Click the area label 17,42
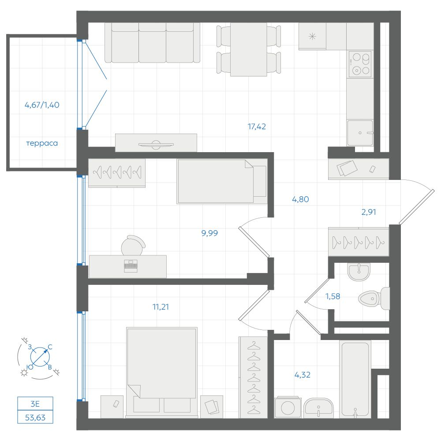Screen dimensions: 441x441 (x=257, y=127)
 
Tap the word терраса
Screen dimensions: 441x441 (x=42, y=143)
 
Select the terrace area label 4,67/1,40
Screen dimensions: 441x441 (x=42, y=105)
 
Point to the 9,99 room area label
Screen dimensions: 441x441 (x=209, y=233)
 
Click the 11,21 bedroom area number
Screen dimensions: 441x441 (x=161, y=306)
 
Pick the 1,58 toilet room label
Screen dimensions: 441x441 (x=333, y=296)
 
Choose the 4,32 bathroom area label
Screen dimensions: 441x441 (x=303, y=374)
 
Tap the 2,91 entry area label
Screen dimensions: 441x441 (x=369, y=212)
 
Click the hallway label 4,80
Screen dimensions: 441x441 (x=300, y=199)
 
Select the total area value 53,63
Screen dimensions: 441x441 (x=35, y=418)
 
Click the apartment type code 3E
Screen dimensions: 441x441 (x=35, y=404)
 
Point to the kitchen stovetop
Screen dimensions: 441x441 (x=360, y=64)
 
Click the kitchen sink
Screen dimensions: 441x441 (x=360, y=133)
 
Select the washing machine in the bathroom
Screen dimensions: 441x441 (x=288, y=407)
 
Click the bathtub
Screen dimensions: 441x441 (x=355, y=379)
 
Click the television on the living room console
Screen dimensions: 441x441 (x=156, y=145)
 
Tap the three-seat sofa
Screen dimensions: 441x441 (x=153, y=43)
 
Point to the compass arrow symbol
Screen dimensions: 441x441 (x=40, y=357)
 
